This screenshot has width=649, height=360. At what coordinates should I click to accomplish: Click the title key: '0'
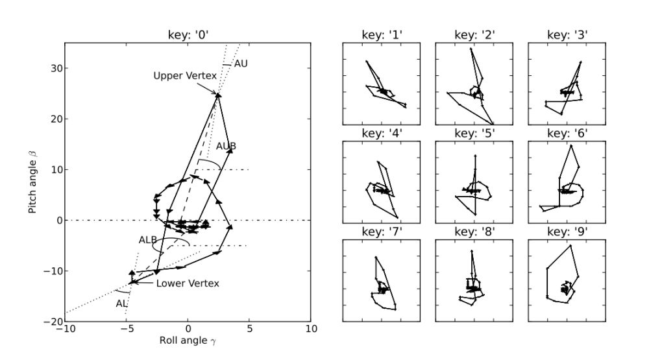tap(188, 36)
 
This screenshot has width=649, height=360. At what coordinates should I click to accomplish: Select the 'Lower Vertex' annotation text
tap(188, 283)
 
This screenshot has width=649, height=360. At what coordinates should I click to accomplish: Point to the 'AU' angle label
tap(242, 64)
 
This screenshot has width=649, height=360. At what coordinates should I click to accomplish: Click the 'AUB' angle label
tap(226, 145)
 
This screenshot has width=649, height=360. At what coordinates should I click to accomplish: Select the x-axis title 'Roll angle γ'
tap(187, 339)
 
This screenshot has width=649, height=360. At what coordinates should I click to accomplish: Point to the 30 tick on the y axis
tap(53, 69)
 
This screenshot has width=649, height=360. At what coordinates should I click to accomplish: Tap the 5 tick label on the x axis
tap(249, 329)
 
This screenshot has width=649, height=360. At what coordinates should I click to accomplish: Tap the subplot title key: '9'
tap(567, 232)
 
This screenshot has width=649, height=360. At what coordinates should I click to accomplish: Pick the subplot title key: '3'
tap(567, 36)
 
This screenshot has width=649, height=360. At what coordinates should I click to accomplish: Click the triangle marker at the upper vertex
tap(218, 95)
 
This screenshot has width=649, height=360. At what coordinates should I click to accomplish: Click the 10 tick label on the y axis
tap(53, 170)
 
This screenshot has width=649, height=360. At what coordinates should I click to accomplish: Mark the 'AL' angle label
tap(121, 303)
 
